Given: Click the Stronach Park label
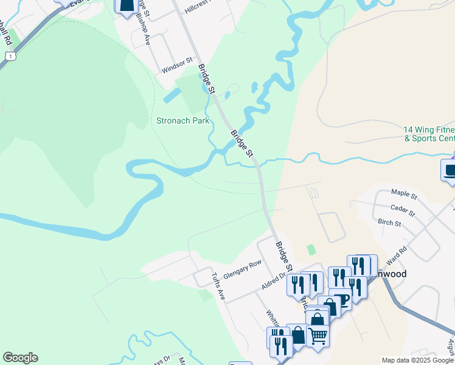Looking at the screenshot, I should tap(183, 120).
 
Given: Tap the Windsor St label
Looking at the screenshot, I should tap(177, 66).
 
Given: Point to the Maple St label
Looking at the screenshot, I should tap(404, 196).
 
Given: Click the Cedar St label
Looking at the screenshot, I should tap(403, 210).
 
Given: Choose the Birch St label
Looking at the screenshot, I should tap(389, 223).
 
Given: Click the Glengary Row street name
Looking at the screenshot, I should tap(242, 269).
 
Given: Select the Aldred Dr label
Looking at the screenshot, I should tap(274, 280).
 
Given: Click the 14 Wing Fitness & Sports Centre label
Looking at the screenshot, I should tap(429, 134).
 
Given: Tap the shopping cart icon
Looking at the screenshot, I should tap(318, 334).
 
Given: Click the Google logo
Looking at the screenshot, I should tap(20, 358).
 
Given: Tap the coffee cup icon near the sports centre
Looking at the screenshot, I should tap(450, 170).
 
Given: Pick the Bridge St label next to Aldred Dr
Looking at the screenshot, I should tap(285, 257).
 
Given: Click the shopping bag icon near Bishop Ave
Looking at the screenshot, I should tap(125, 5).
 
